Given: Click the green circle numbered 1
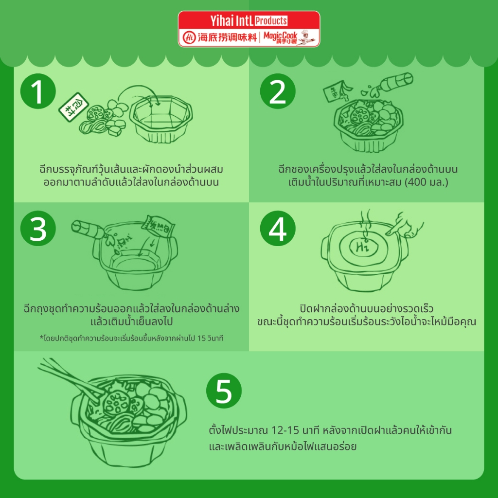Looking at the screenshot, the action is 38,91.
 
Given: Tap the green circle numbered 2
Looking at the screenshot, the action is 278,91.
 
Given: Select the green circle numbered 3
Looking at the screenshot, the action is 38,229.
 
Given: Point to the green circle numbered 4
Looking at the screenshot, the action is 278,229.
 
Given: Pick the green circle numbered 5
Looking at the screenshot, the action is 224,391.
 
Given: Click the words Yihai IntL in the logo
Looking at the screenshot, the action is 231,21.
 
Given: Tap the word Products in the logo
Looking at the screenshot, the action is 271,21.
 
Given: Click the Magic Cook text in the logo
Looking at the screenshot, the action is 280,36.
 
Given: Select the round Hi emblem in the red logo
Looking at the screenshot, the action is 189,37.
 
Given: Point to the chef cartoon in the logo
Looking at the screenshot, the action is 306,37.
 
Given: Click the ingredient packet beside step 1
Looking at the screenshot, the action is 73,107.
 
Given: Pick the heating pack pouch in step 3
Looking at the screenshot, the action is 159,226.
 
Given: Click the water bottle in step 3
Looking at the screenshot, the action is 88,229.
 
